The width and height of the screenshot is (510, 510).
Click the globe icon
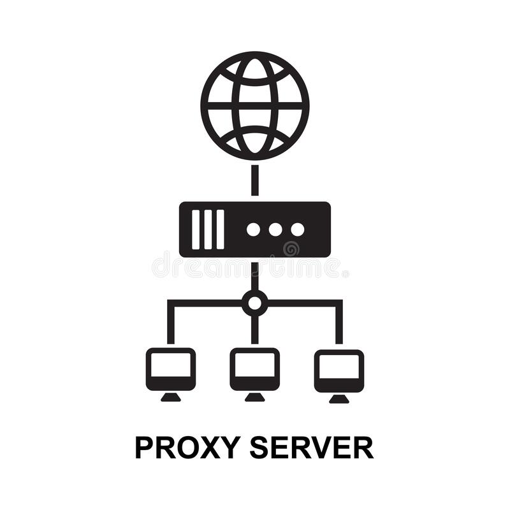point(255,106)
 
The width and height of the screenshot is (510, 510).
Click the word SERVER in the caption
point(310,448)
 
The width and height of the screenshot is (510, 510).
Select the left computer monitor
point(170,369)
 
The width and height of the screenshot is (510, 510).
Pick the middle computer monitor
point(255,369)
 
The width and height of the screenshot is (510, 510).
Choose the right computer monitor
point(339,369)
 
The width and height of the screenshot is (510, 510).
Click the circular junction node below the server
point(255,303)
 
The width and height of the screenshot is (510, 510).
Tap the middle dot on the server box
point(275,229)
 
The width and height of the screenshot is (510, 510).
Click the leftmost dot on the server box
point(254,229)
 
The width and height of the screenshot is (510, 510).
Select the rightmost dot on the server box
point(297,229)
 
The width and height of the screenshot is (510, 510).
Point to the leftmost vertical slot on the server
point(196,229)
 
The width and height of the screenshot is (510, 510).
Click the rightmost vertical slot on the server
point(220,229)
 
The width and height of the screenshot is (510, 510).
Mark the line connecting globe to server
point(255,180)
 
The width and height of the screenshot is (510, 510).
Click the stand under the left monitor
point(170,398)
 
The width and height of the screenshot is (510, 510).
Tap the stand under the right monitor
point(339,398)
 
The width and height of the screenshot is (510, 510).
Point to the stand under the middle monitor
point(255,398)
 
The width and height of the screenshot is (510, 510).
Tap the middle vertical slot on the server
point(208,229)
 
